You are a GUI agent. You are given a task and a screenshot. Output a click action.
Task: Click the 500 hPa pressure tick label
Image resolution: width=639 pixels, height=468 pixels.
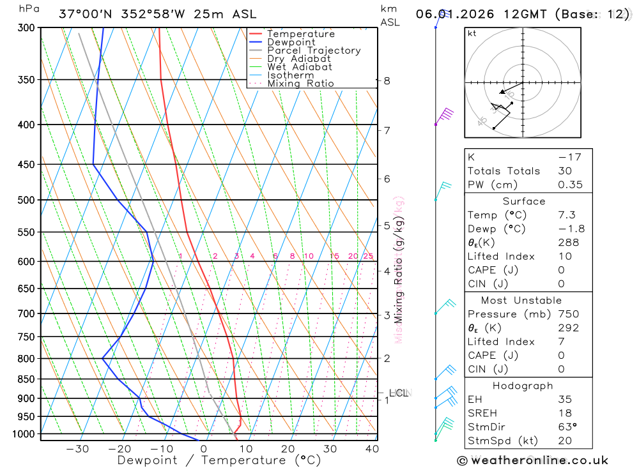pos(26,200)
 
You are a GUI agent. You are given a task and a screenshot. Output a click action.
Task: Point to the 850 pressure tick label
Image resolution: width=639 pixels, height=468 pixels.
pos(26,379)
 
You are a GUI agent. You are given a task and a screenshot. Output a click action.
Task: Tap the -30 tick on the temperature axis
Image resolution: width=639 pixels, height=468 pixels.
pos(77,449)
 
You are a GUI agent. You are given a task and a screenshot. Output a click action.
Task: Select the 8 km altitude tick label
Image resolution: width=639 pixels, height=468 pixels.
pos(387,80)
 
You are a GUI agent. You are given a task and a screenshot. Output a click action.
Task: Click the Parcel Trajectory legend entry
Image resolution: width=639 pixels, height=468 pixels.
pos(314,50)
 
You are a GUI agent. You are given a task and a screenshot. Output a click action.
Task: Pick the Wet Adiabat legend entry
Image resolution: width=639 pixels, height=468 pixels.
pos(299,67)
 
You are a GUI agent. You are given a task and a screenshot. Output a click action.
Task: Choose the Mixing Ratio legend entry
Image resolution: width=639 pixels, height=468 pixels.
pos(300,84)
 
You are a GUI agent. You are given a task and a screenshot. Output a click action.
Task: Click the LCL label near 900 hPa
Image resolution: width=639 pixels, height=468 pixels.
pos(399,393)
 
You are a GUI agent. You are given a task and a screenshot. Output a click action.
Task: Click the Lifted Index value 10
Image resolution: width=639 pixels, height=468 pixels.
pos(563,257)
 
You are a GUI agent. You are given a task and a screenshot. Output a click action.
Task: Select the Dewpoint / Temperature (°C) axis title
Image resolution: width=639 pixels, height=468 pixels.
pos(219,460)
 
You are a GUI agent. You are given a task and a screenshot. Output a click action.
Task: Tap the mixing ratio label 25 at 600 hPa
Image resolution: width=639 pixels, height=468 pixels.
pos(368,257)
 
